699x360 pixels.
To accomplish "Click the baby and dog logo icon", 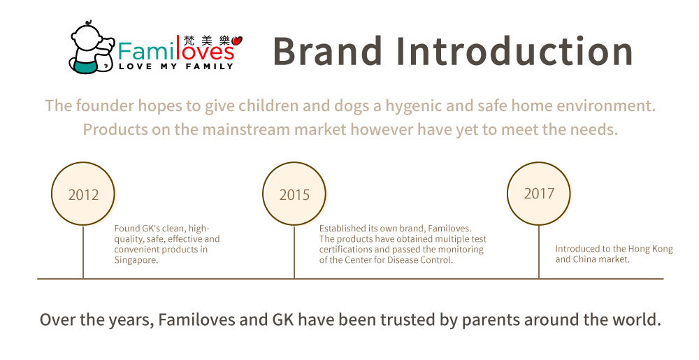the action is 92,48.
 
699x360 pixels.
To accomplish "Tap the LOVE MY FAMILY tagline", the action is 176,66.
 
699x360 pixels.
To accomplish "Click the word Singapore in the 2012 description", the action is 136,260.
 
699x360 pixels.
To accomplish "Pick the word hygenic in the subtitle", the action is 414,106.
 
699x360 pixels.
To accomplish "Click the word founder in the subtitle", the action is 105,106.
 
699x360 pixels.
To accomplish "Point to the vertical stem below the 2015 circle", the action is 294,252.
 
